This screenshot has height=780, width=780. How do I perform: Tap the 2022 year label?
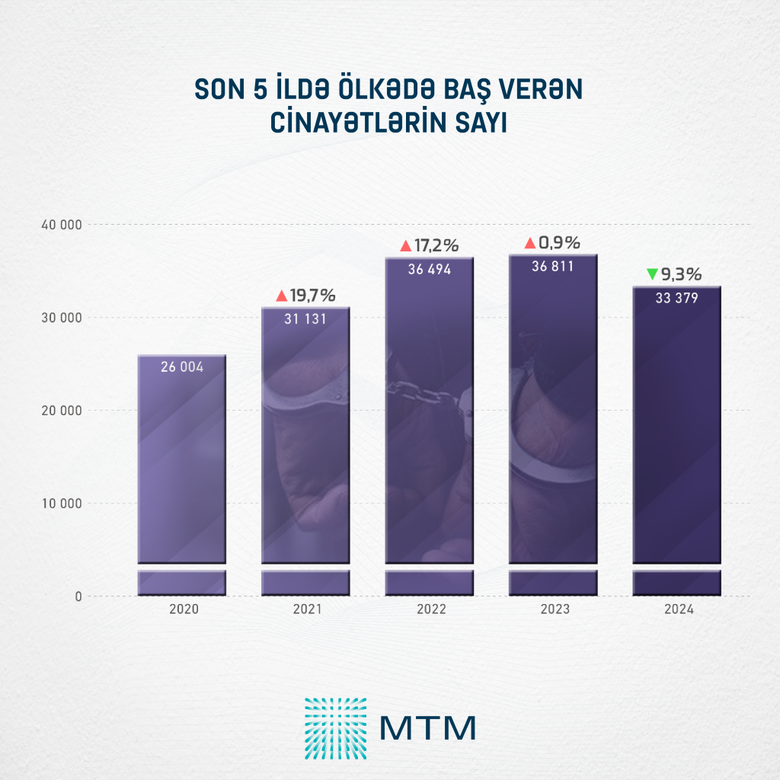click(430, 610)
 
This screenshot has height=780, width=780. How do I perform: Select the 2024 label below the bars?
click(677, 610)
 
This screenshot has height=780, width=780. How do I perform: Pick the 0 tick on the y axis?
click(78, 596)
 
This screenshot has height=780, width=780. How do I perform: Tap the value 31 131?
click(305, 320)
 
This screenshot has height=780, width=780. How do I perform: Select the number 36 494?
click(430, 269)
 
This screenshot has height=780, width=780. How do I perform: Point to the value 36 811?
click(553, 266)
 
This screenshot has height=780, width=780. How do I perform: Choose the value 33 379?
click(677, 298)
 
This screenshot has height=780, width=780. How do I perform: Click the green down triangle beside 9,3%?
click(652, 273)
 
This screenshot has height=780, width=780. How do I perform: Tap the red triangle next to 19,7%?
click(282, 296)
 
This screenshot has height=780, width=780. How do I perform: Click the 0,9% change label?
click(559, 243)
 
